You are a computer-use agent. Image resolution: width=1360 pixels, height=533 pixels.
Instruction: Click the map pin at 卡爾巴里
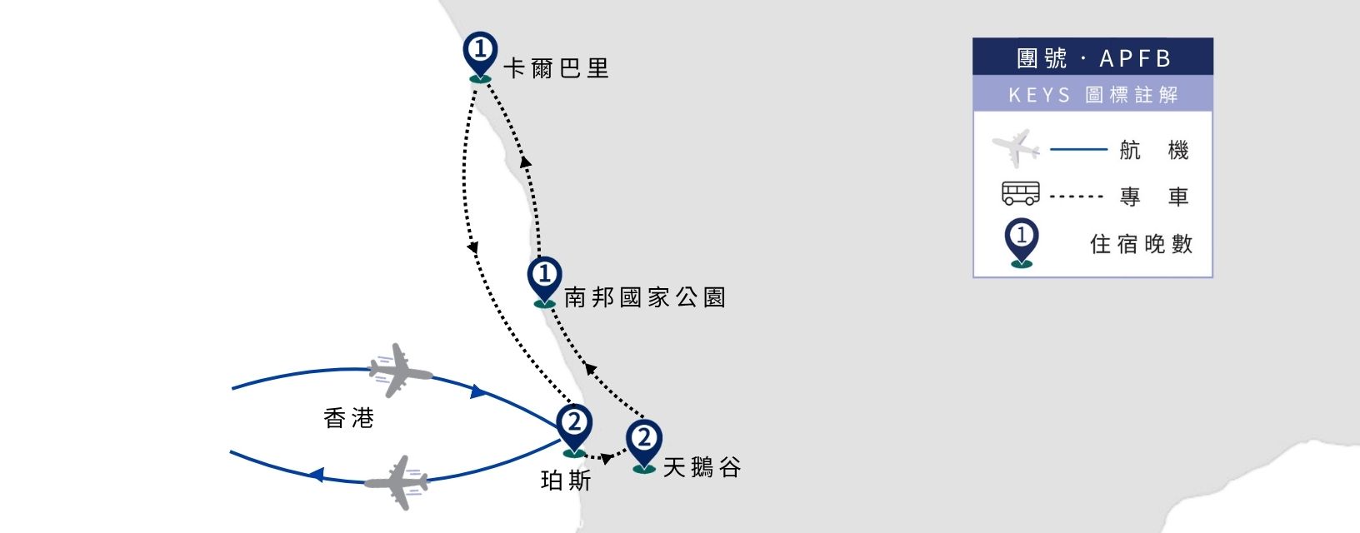click(480, 56)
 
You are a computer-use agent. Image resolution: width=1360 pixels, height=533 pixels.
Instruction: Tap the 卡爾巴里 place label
click(556, 68)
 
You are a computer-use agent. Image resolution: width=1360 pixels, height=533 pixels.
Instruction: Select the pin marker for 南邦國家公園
click(545, 281)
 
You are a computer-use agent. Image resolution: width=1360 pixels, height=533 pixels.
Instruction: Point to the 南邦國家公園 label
click(645, 297)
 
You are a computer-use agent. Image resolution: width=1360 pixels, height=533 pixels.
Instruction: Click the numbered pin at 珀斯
click(573, 429)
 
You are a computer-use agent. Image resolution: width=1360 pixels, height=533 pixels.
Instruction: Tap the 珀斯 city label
click(566, 481)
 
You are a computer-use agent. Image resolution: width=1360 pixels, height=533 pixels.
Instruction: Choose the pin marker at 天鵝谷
click(644, 445)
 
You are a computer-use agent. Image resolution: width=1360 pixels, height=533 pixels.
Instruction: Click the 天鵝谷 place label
click(702, 467)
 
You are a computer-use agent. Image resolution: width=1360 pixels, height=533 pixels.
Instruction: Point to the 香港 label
click(348, 418)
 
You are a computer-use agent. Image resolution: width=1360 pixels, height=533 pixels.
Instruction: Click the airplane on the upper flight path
click(399, 371)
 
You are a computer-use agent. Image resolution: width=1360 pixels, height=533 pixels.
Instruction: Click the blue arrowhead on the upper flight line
click(478, 391)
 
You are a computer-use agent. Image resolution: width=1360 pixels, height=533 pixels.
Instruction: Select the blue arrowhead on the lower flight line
click(317, 474)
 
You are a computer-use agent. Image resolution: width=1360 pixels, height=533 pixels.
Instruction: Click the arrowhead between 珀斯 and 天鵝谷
click(607, 458)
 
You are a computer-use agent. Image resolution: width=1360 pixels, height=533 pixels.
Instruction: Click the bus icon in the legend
click(1021, 193)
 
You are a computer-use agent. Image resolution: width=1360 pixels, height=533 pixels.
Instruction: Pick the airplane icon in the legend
click(1016, 148)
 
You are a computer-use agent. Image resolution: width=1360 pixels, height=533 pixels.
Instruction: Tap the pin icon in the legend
click(1021, 242)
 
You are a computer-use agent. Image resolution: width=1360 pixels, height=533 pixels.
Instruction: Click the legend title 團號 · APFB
click(1092, 58)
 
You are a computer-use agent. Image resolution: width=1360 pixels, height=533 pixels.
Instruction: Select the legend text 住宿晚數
click(1142, 244)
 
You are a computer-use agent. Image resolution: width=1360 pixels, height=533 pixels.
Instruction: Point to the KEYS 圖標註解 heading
click(1092, 95)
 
